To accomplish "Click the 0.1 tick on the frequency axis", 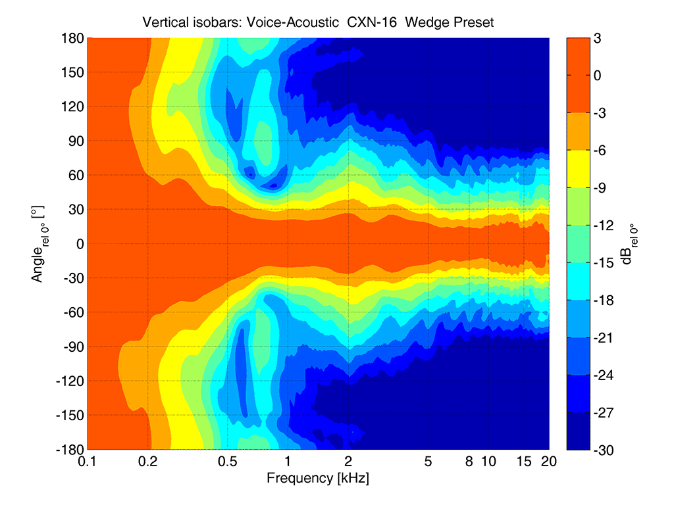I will [x=88, y=462].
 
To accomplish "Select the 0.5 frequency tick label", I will [x=228, y=462].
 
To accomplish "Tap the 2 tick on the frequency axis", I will [x=348, y=462].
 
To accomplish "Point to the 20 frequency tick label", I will [x=549, y=462].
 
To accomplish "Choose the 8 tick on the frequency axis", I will [x=469, y=462].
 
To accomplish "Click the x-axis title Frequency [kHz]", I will [x=318, y=478].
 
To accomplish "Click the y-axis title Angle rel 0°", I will [x=37, y=244].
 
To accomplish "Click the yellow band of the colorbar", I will [x=579, y=169].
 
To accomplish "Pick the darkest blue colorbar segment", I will [x=579, y=431].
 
